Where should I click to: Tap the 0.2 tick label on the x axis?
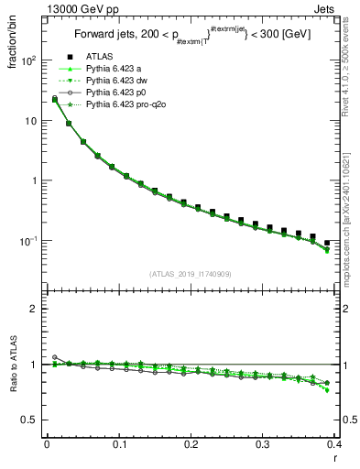tap(191, 444)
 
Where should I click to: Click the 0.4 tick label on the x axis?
tap(334, 444)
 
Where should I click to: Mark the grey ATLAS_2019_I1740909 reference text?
tap(189, 275)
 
